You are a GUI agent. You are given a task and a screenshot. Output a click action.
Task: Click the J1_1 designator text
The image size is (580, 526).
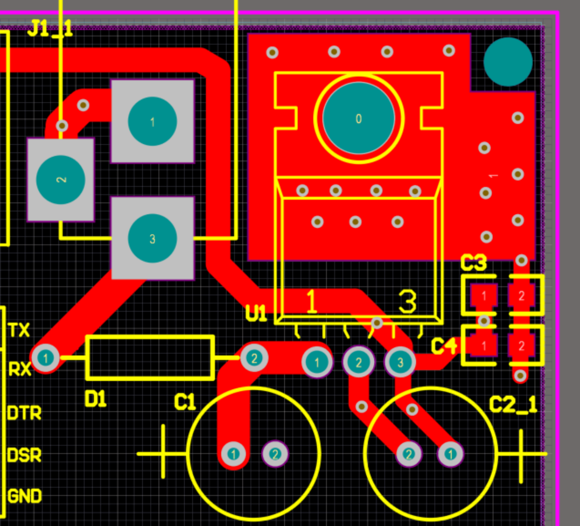[x=50, y=28]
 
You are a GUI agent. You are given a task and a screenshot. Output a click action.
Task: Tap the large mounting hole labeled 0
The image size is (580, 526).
[x=359, y=118]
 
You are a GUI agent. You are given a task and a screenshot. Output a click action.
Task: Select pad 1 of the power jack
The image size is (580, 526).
[x=152, y=121]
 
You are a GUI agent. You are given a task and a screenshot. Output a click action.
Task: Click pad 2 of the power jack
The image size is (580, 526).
[x=61, y=180]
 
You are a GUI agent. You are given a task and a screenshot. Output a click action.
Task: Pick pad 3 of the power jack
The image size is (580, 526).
[x=152, y=238]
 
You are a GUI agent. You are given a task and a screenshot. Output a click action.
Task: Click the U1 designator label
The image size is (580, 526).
[x=256, y=313]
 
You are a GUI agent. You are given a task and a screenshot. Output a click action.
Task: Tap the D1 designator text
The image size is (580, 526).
[x=95, y=399]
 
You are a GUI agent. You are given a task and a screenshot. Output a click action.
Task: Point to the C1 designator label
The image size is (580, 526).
[x=185, y=402]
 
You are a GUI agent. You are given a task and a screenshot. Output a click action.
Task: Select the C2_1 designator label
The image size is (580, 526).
[x=513, y=404]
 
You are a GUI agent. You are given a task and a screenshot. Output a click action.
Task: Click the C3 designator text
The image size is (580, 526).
[x=473, y=263]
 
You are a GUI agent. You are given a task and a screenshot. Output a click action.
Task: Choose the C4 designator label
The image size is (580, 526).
[x=444, y=346]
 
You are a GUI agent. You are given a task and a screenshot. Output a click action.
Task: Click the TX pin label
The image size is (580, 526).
[x=19, y=330]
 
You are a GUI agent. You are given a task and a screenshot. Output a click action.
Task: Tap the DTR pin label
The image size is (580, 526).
[x=25, y=413]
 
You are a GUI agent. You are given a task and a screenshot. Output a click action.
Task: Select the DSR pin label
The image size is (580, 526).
[x=25, y=455]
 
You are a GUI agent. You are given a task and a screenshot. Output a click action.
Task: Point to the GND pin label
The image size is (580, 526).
[x=25, y=496]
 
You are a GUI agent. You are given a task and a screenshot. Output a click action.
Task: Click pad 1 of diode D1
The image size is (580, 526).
[x=46, y=358]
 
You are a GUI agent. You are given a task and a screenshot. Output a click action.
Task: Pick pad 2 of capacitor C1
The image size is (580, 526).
[x=275, y=454]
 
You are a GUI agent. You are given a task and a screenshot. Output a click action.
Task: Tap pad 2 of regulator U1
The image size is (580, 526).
[x=359, y=363]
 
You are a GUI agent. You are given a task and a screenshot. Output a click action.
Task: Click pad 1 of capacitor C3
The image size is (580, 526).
[x=484, y=296]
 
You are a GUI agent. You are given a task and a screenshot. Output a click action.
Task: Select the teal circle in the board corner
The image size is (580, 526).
[x=508, y=62]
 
